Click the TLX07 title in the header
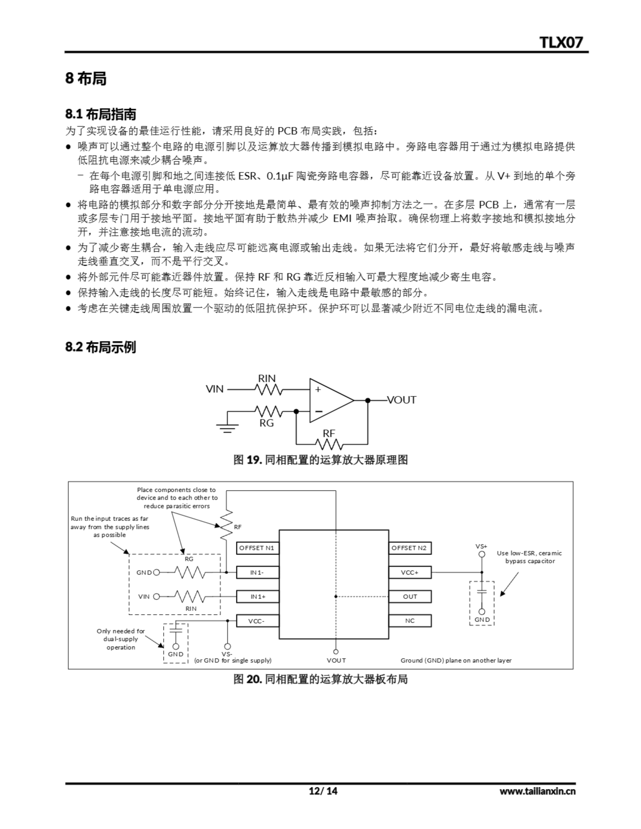tap(561, 42)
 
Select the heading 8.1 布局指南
tap(100, 114)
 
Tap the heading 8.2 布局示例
tap(100, 346)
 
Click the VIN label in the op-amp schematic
tap(215, 389)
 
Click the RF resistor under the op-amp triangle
tap(329, 444)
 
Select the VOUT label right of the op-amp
tap(402, 400)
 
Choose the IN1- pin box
tap(257, 573)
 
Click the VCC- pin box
tap(257, 621)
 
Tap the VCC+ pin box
tap(410, 573)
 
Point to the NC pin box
tap(410, 621)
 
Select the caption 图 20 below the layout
tap(320, 679)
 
